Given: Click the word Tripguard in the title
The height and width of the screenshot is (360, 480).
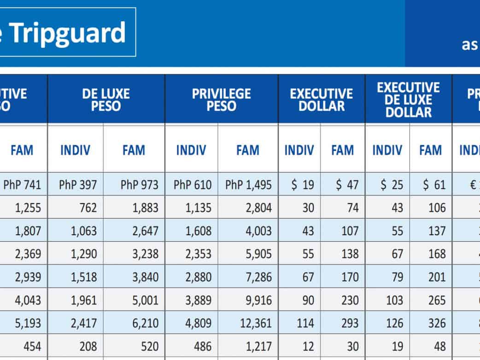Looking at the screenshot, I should click(x=68, y=32).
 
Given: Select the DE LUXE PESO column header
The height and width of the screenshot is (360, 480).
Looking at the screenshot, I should click(x=106, y=100).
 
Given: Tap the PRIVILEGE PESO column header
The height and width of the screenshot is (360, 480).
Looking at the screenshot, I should click(x=222, y=100).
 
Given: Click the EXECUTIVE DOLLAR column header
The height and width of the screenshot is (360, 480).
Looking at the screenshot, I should click(x=321, y=100).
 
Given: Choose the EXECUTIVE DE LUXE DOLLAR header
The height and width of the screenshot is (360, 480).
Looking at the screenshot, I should click(x=408, y=100).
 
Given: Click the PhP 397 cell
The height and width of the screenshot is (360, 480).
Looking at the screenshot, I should click(x=78, y=185).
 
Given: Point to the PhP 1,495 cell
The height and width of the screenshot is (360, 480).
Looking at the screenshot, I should click(x=248, y=185).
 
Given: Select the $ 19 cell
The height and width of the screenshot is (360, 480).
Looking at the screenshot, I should click(x=303, y=185).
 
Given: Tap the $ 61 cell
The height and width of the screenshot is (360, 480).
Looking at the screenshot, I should click(x=434, y=185).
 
